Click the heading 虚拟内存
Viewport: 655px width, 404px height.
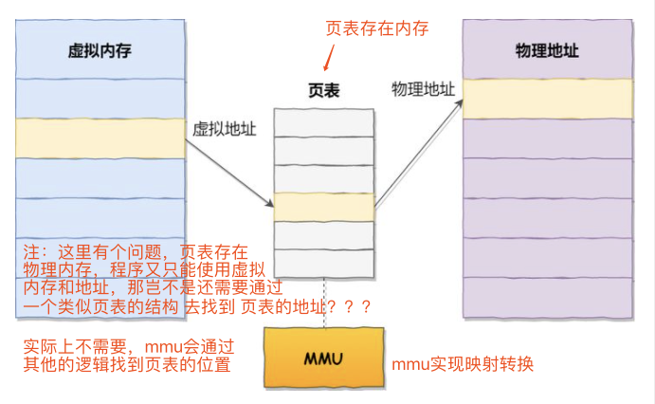pos(100,50)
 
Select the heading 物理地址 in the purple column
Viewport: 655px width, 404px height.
pos(546,50)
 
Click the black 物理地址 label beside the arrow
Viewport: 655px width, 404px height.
pos(423,89)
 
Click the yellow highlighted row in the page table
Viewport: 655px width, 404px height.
pos(323,207)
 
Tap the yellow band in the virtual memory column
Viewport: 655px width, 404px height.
pos(100,138)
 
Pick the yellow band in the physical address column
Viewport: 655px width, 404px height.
pos(547,99)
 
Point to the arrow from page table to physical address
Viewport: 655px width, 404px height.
pos(418,153)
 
